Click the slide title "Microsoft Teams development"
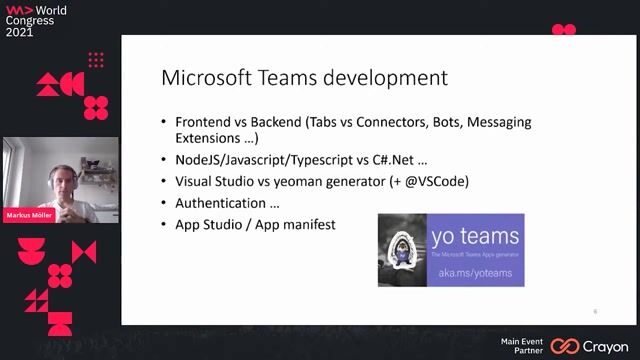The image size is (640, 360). click(304, 78)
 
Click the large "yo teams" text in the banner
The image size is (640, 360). click(475, 237)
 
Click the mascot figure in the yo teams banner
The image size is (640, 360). click(402, 250)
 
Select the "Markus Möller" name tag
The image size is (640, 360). click(29, 215)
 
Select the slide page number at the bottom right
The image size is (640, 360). click(595, 311)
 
